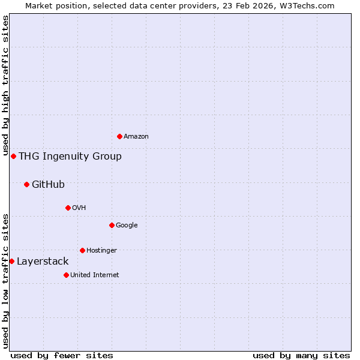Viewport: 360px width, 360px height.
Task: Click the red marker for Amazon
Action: coord(119,136)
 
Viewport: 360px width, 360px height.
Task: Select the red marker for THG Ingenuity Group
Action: coord(13,156)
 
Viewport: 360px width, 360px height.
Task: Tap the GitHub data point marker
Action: coord(26,184)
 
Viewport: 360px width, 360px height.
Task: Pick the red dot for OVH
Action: coord(68,208)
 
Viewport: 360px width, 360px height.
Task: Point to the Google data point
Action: coord(112,225)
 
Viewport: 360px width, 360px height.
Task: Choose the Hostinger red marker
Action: coord(82,250)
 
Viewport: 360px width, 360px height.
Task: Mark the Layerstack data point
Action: coord(11,261)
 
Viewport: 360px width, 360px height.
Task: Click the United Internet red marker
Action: coord(66,275)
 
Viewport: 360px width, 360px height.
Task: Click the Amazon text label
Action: coord(136,137)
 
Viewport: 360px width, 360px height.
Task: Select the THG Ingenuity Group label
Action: coord(70,157)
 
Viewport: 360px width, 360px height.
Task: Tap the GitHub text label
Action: coord(48,185)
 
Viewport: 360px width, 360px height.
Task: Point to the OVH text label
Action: coord(79,208)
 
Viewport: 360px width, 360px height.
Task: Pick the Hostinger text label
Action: coord(101,251)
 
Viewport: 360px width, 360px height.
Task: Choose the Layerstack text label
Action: coord(43,262)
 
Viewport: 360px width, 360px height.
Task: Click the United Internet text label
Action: coord(95,275)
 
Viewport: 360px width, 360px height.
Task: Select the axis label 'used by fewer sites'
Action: coord(62,355)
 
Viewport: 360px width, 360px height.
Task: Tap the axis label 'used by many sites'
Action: coord(301,355)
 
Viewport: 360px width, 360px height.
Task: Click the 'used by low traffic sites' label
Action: coord(5,281)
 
